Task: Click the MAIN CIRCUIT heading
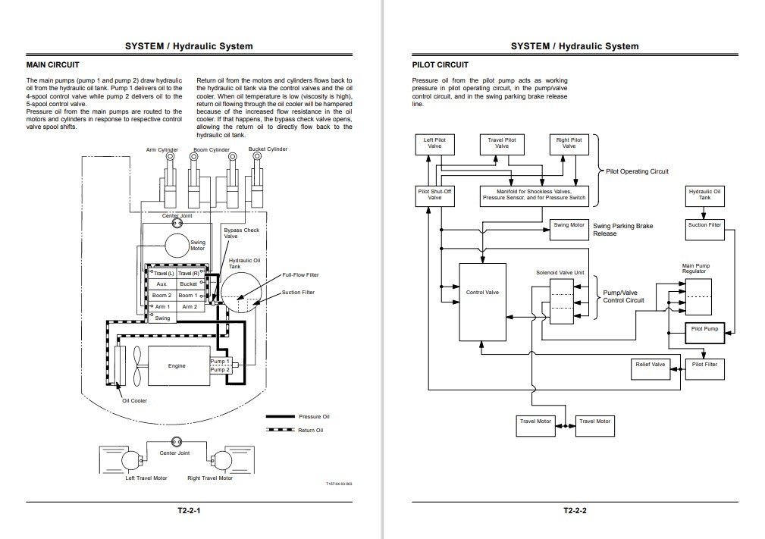pyautogui.click(x=52, y=65)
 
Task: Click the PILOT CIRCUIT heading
pyautogui.click(x=440, y=65)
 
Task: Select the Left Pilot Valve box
pyautogui.click(x=434, y=143)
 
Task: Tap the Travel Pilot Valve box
pyautogui.click(x=501, y=143)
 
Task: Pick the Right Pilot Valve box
pyautogui.click(x=569, y=143)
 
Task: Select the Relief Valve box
pyautogui.click(x=650, y=365)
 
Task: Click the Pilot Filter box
pyautogui.click(x=704, y=365)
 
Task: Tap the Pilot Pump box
pyautogui.click(x=704, y=330)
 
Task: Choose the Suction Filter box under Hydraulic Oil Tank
pyautogui.click(x=704, y=225)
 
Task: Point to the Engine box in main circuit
pyautogui.click(x=177, y=366)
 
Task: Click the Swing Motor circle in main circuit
pyautogui.click(x=176, y=246)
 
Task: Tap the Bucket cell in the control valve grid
pyautogui.click(x=188, y=284)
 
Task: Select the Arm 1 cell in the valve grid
pyautogui.click(x=162, y=307)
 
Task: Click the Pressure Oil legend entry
pyautogui.click(x=313, y=416)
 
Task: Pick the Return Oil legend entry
pyautogui.click(x=311, y=431)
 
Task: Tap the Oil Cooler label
pyautogui.click(x=135, y=400)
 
